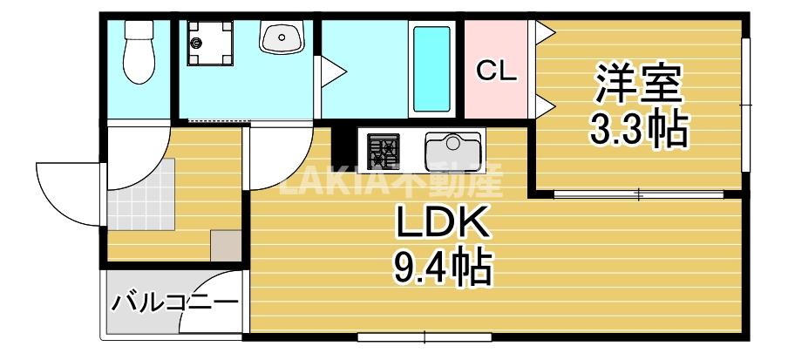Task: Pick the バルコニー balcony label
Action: tap(174, 304)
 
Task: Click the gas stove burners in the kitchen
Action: tap(382, 151)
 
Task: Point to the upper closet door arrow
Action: tap(544, 33)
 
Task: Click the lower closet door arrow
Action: tap(544, 106)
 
